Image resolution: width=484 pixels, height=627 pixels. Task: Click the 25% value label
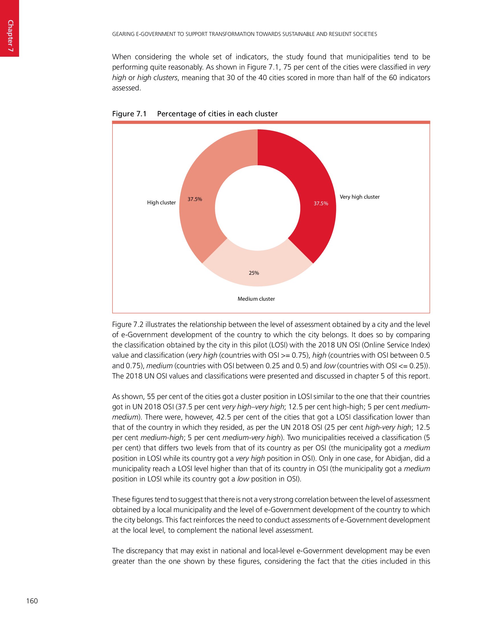(254, 273)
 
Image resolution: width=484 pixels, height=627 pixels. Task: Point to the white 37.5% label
(321, 203)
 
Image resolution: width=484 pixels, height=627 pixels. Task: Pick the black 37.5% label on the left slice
(195, 199)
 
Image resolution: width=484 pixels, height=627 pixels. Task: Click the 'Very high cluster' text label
(360, 197)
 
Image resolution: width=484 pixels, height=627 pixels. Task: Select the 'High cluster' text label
(161, 203)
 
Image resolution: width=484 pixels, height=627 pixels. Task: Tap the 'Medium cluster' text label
(256, 299)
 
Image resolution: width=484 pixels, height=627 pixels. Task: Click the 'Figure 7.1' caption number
(129, 114)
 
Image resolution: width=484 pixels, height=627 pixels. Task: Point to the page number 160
(32, 601)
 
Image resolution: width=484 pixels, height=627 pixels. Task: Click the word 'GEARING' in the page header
(123, 34)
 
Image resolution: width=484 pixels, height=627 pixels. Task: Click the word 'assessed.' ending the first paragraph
(126, 88)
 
